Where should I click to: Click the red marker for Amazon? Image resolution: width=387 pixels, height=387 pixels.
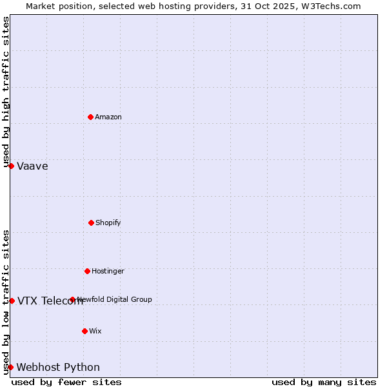click(x=90, y=117)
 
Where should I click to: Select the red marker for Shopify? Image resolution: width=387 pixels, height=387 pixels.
click(x=91, y=223)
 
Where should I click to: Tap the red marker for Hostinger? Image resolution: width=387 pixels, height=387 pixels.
click(x=87, y=271)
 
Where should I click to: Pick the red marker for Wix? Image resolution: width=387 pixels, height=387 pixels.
click(x=84, y=331)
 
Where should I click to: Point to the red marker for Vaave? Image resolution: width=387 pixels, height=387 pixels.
click(x=11, y=166)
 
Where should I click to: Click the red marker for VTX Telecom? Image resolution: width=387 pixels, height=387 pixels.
click(x=12, y=301)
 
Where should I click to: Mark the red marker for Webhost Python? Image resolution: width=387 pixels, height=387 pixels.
click(x=10, y=367)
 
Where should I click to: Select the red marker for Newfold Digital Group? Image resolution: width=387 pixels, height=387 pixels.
click(x=72, y=299)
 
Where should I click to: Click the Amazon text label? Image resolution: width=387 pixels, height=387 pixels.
click(x=108, y=117)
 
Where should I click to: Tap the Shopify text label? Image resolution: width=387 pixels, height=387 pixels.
click(x=108, y=223)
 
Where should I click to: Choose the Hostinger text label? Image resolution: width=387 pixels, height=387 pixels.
click(x=108, y=271)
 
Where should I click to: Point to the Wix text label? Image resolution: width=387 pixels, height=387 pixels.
click(x=95, y=331)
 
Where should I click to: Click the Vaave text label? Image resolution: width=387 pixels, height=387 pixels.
click(x=32, y=166)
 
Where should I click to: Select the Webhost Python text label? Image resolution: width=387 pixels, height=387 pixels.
click(x=58, y=367)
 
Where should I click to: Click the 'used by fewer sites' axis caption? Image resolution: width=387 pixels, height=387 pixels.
click(x=66, y=382)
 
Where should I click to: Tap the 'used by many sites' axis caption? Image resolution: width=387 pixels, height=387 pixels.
click(x=324, y=382)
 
